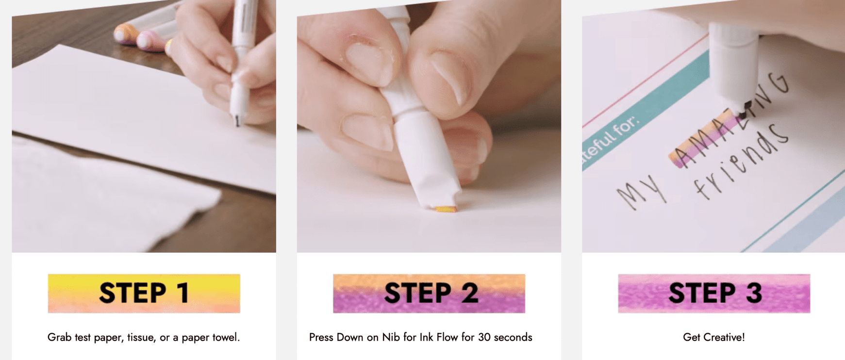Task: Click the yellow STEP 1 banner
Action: (x=144, y=293)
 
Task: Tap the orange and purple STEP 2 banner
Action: (x=429, y=293)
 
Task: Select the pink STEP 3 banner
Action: (x=714, y=293)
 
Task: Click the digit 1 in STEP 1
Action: (x=183, y=293)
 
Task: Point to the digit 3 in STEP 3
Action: (x=754, y=293)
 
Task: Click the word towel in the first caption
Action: (x=226, y=337)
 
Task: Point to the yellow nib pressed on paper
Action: (x=446, y=209)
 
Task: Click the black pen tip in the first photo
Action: (x=237, y=120)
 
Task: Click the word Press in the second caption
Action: (x=321, y=337)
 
